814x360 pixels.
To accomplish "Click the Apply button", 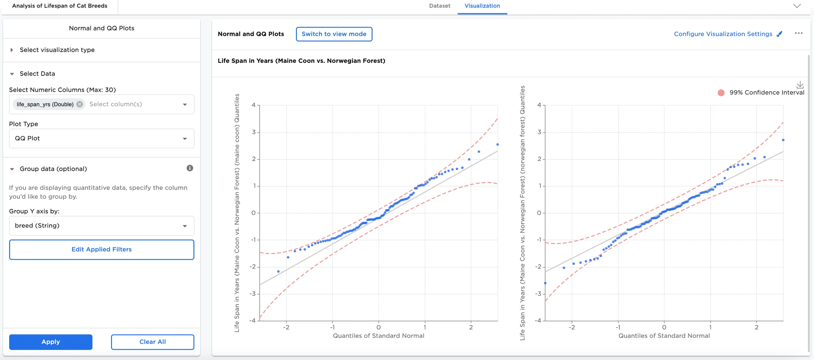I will (x=51, y=342).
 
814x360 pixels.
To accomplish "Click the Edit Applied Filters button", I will (x=101, y=249).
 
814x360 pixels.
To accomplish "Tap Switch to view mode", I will (x=334, y=34).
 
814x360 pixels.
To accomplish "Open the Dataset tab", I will (x=439, y=6).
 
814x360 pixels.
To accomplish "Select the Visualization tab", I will (x=482, y=6).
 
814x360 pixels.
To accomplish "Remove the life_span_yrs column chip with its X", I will (x=80, y=104).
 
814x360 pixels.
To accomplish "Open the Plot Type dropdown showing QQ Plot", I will (x=101, y=139).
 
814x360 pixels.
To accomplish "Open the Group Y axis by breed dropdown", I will (x=101, y=226).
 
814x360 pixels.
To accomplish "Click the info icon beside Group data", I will (x=189, y=168).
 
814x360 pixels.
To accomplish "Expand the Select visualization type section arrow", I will (x=12, y=50).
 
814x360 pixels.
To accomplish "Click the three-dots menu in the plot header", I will (x=798, y=34).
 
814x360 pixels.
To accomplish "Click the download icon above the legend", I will (x=800, y=85).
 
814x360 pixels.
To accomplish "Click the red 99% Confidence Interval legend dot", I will (x=721, y=93).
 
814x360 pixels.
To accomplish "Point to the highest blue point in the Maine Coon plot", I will (x=497, y=144).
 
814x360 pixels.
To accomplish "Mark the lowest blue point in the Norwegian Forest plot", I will (x=545, y=283).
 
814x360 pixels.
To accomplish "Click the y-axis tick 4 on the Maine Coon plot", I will (x=254, y=105).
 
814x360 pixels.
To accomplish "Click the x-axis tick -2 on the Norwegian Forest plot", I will (x=572, y=327).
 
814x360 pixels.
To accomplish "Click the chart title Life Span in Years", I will (x=301, y=61).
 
